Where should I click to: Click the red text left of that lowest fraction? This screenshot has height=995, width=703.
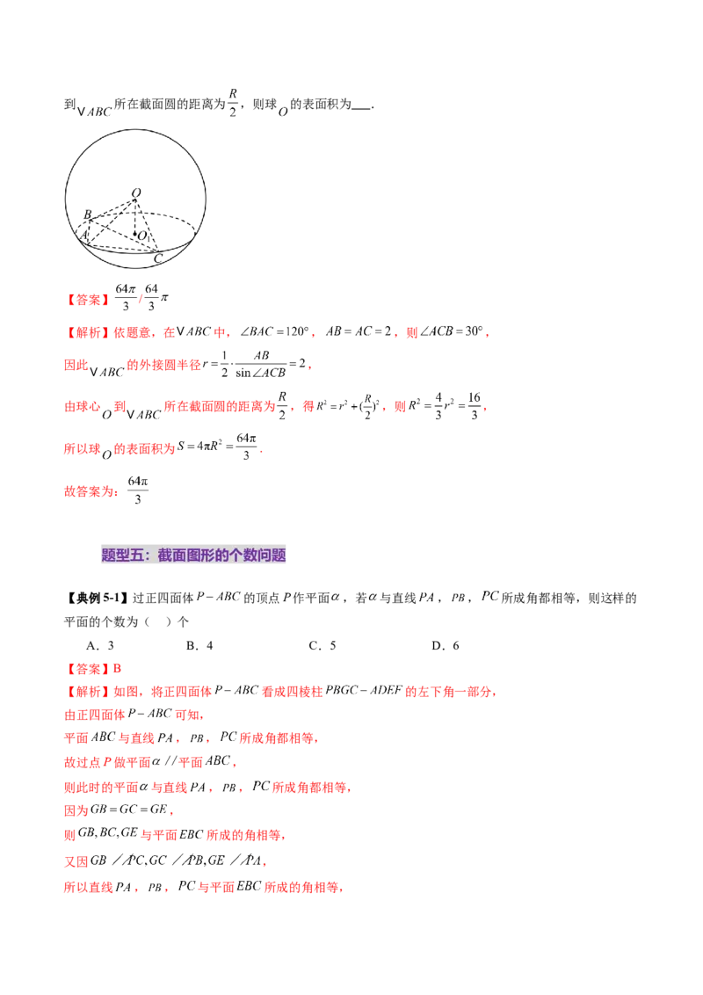tap(91, 492)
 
